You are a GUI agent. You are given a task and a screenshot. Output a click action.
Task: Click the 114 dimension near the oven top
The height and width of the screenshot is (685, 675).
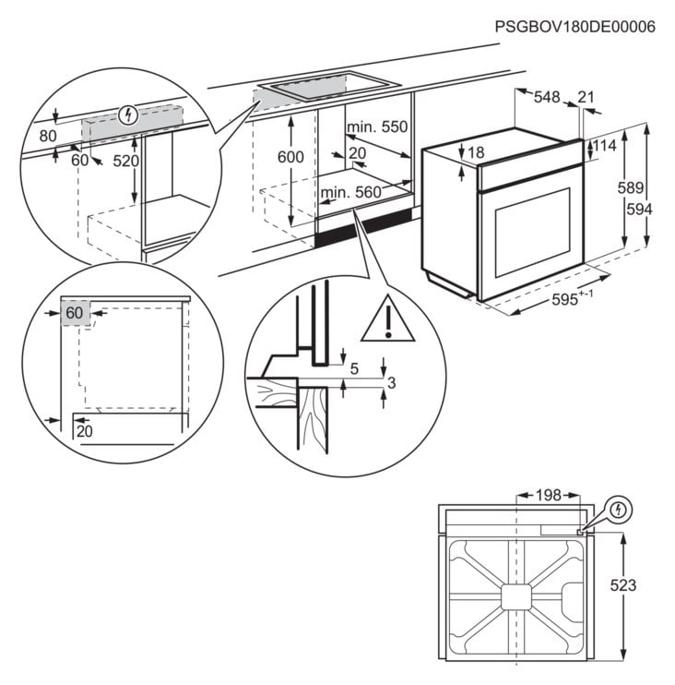pos(603,146)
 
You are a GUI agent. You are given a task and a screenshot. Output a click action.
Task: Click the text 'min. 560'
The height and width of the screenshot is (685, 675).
pos(351,192)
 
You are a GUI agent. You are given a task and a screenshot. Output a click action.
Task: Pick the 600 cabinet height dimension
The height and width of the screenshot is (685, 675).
pos(290,158)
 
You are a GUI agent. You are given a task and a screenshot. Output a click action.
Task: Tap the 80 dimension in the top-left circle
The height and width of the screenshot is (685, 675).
pos(46,135)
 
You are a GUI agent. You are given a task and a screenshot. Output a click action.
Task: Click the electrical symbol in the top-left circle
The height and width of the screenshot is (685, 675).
pos(129,115)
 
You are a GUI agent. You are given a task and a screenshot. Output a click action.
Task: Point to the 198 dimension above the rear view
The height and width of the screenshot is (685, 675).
pos(549,496)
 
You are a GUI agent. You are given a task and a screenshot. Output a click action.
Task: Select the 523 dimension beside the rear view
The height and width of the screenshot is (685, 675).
pos(623,585)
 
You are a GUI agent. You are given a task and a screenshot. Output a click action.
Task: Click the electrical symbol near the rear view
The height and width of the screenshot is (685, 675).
pos(619,509)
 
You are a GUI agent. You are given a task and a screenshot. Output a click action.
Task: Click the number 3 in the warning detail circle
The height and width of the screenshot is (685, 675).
pos(392,383)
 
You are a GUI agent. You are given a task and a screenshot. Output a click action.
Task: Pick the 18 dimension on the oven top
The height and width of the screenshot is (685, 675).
pos(476,152)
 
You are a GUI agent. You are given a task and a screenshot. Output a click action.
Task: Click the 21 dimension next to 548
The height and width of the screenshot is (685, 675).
pos(586,96)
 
